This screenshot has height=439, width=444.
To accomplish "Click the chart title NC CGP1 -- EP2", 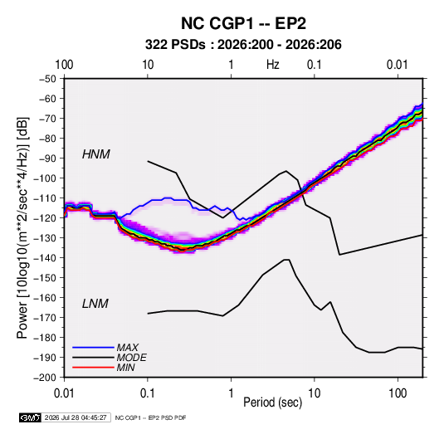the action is coord(243,23).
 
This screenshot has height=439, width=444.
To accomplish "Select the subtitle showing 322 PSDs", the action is coord(243,45).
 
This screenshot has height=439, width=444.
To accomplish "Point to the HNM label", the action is coord(95,154).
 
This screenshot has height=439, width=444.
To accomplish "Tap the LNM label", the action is coord(95,304).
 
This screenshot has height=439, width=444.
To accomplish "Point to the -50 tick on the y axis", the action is coord(47,79).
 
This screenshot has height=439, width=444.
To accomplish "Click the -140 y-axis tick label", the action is coord(45,258).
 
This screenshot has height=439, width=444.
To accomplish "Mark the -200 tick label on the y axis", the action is coord(45,378).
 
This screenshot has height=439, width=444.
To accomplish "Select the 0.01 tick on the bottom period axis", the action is coord(64,393).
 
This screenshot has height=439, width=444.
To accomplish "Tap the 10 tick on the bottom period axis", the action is coord(314,393).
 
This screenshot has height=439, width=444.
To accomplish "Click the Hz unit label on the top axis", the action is coord(273,65).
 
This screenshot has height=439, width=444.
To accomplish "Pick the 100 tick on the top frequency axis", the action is coord(64,65).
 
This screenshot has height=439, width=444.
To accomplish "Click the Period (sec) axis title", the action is coord(273,402).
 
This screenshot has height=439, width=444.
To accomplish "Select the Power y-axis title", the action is coord(22,227).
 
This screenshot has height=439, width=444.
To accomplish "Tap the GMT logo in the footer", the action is coord(30,417).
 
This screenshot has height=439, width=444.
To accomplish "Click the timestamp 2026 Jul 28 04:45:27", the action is coord(76,417).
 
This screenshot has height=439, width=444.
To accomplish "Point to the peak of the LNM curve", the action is coord(286,260).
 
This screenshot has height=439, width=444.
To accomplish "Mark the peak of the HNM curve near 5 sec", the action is coord(286,171).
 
